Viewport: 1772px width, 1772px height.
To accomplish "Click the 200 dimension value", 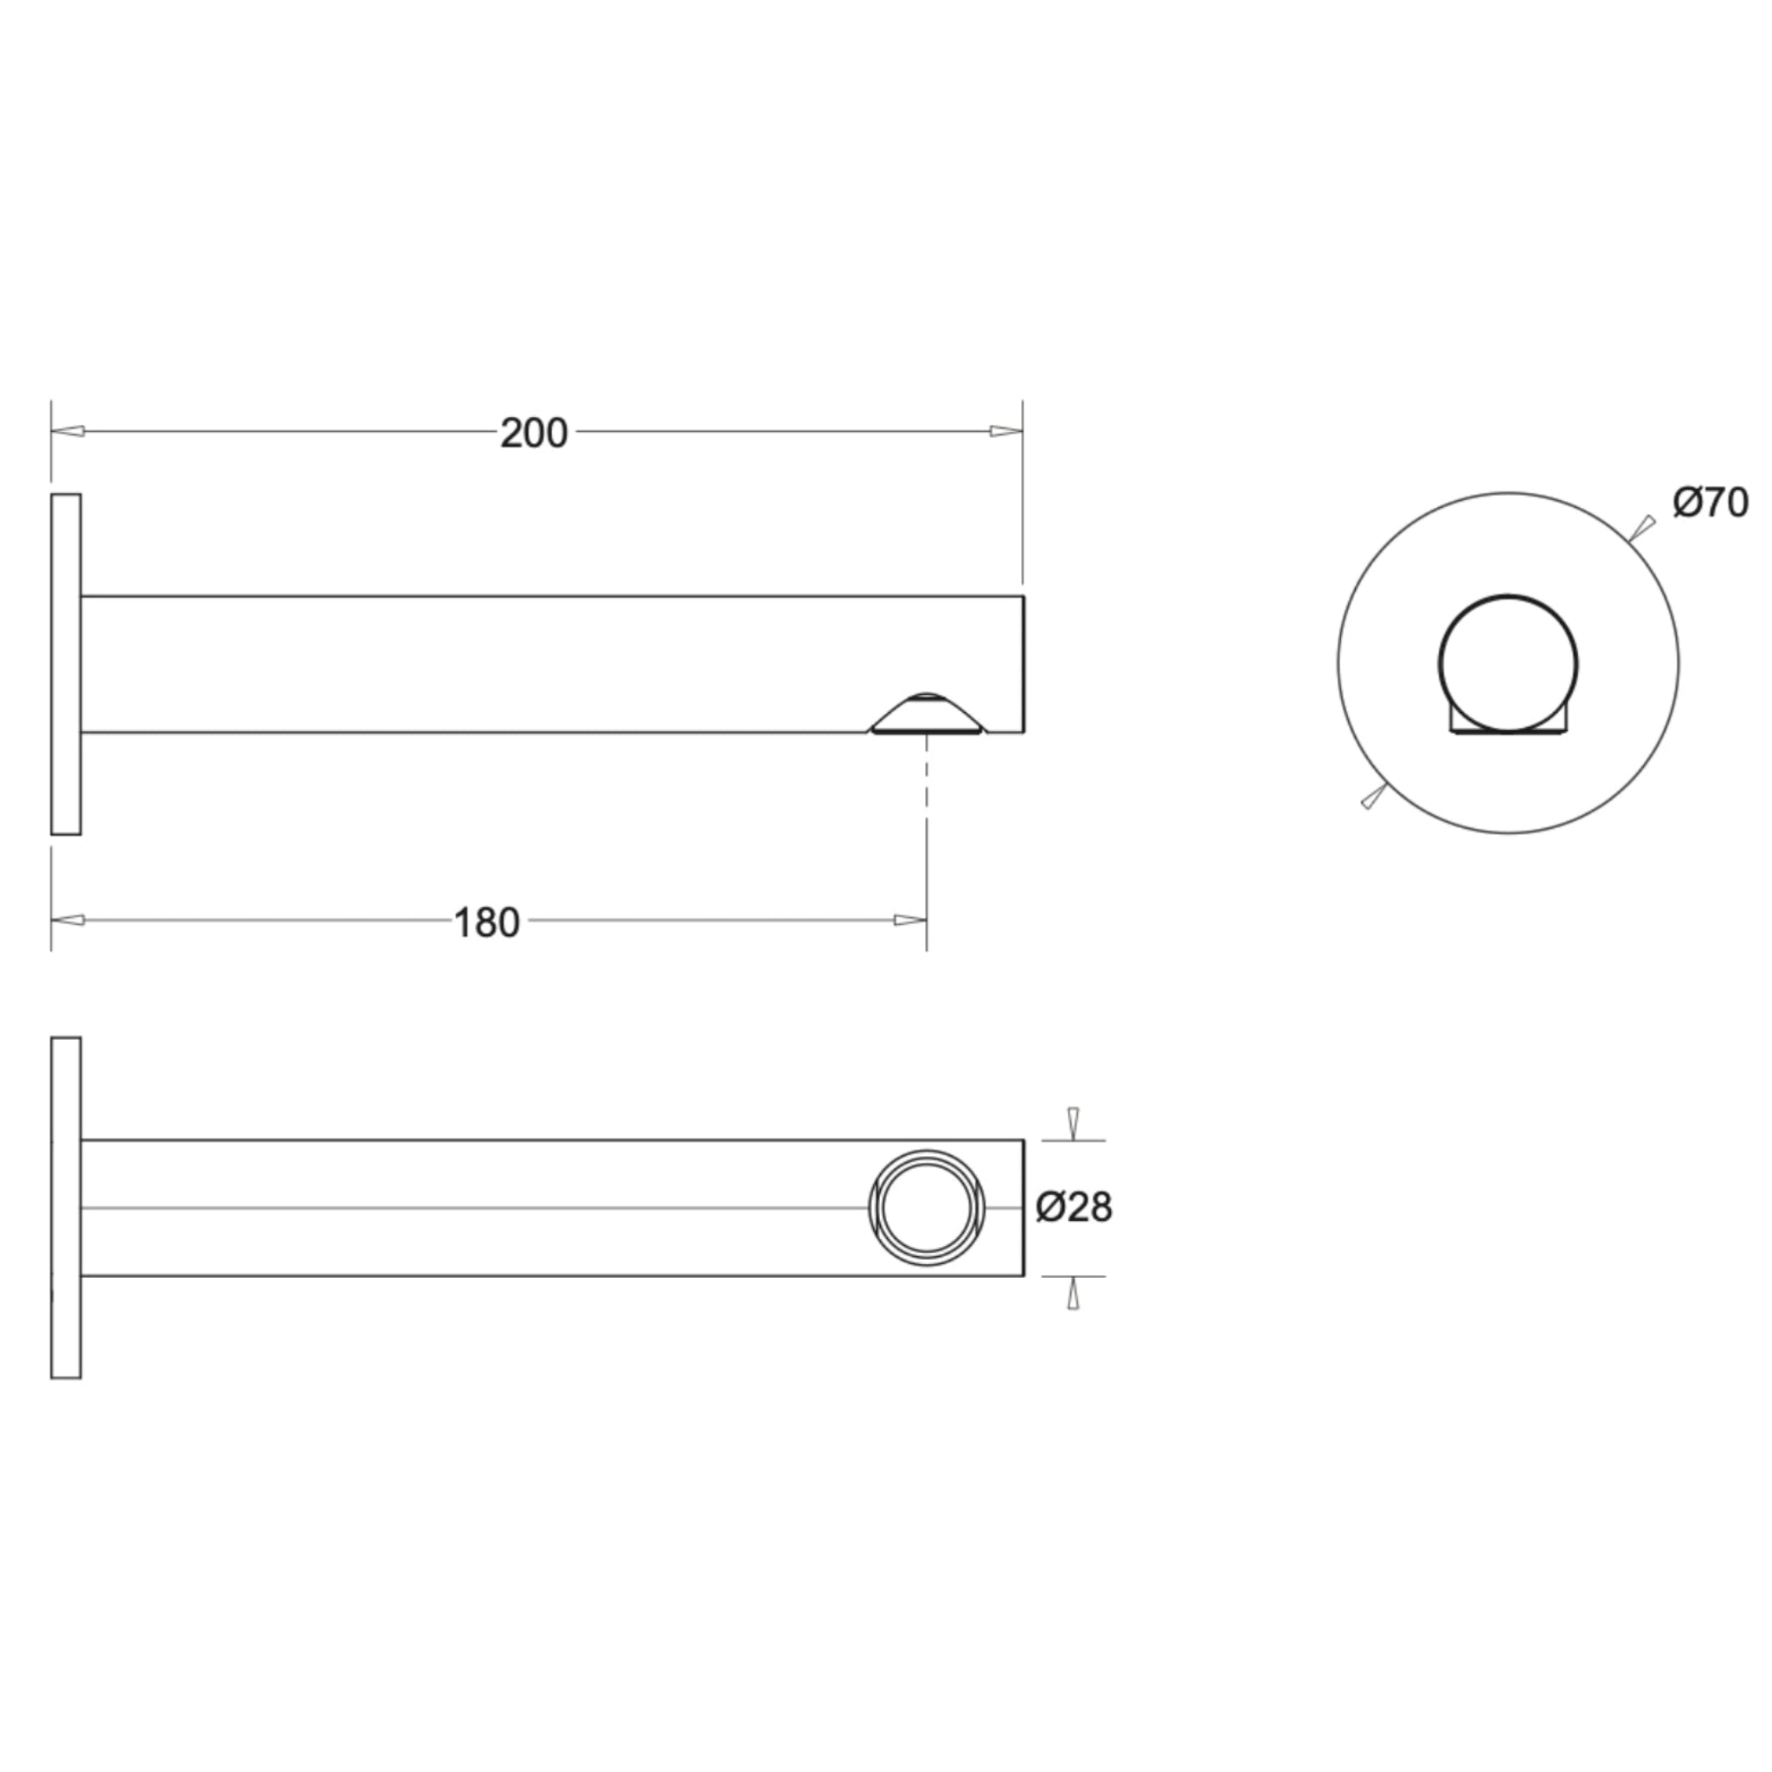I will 534,433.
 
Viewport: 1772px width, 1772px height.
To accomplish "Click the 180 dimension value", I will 487,922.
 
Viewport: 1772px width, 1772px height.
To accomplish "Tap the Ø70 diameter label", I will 1711,503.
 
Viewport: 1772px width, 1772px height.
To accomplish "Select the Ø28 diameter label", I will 1074,1207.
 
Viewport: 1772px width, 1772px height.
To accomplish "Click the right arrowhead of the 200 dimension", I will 1005,431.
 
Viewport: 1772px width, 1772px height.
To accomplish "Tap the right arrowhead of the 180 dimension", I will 910,920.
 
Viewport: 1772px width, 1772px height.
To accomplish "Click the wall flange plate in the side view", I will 66,664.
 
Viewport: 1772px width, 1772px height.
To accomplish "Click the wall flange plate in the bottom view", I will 66,1207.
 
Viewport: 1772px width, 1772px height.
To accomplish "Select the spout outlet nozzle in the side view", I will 927,715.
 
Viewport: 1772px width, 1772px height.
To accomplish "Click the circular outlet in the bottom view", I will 927,1207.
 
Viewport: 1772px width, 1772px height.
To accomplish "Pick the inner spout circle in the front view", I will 1508,662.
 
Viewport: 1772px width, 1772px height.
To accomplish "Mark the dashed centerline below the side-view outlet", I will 927,780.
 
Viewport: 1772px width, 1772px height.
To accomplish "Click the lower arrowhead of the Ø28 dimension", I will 1073,1294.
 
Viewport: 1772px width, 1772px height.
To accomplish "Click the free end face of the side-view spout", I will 1023,664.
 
